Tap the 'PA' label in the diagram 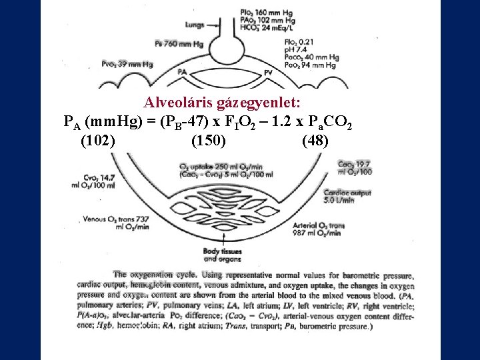coord(182,71)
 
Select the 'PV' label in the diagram coord(268,71)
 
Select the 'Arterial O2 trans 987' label coord(317,229)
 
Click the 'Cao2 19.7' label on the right coord(354,164)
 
